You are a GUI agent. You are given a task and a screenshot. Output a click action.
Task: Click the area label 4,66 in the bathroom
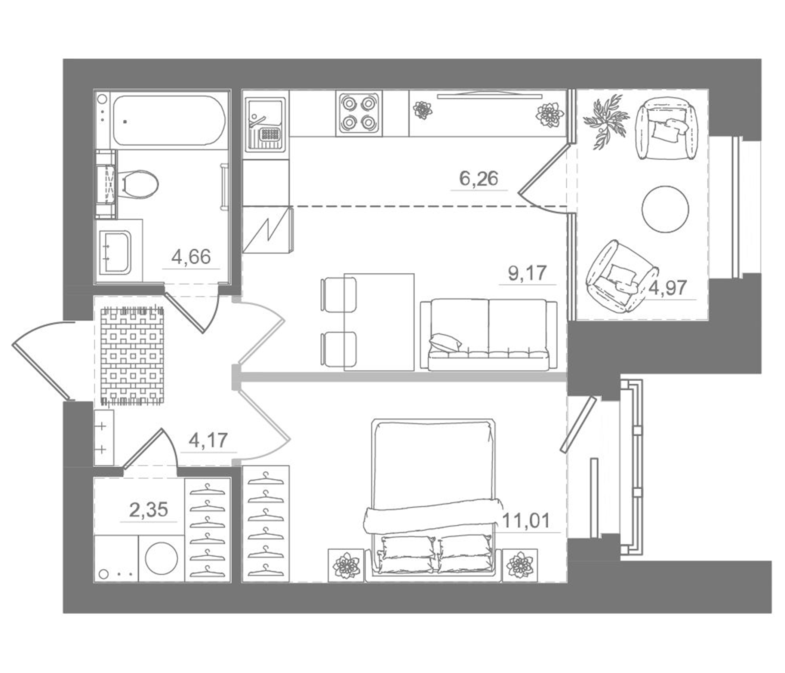point(191,257)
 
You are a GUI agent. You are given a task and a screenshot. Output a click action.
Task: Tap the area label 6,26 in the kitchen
point(478,178)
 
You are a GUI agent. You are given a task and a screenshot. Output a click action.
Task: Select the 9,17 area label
point(527,273)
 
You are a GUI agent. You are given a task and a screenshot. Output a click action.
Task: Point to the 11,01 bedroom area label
point(526,521)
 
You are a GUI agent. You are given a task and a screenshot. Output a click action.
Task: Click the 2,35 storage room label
point(148,510)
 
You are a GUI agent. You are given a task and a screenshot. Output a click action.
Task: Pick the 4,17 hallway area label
point(208,440)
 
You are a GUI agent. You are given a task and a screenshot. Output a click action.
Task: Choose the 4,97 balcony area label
point(668,288)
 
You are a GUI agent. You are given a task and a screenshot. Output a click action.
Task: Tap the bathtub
point(169,120)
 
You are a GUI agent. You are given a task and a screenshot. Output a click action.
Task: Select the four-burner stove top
point(358,113)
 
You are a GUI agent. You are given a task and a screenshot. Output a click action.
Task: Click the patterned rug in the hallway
point(132,356)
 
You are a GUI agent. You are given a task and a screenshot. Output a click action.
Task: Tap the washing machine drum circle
point(161,558)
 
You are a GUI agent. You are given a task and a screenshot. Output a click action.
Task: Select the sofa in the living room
point(489,334)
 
